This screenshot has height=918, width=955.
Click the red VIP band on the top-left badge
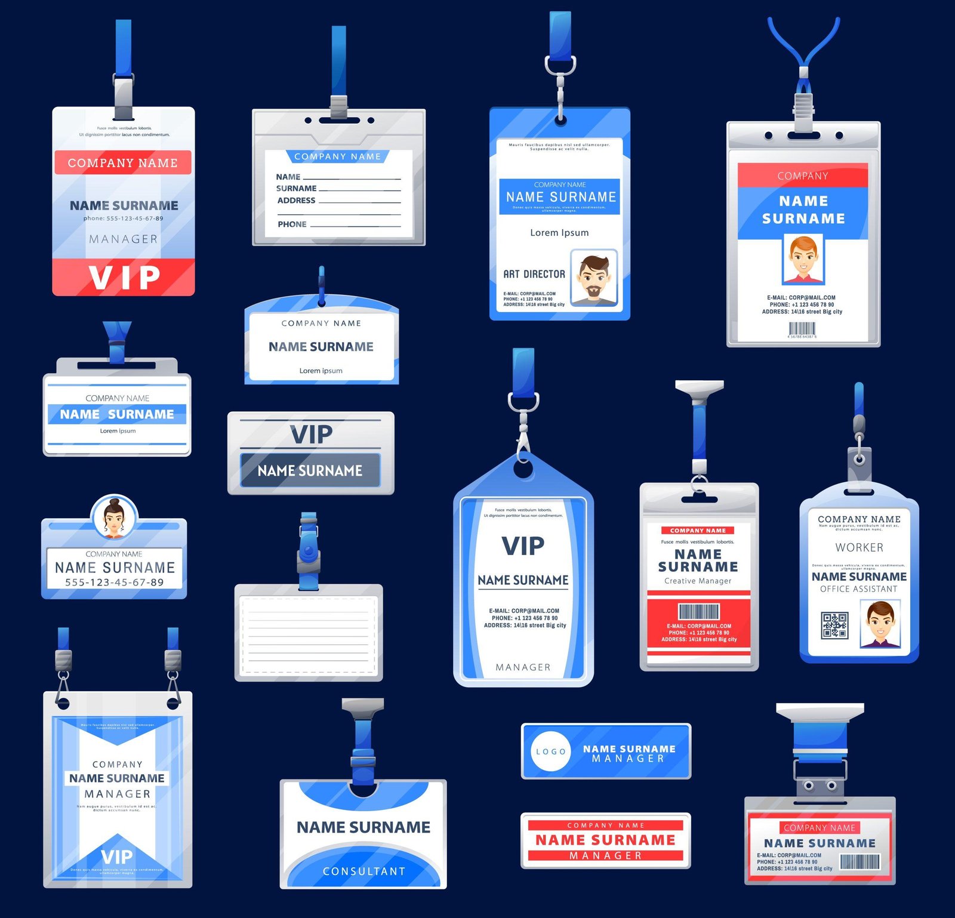124,277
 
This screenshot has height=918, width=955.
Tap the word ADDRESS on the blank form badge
296,201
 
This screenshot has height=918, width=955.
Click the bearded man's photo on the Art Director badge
593,278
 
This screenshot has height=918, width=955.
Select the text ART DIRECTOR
534,274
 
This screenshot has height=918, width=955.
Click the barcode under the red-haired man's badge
802,329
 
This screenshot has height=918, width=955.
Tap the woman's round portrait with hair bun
114,517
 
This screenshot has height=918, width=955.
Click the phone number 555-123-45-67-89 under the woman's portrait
114,582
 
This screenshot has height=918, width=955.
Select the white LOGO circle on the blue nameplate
550,751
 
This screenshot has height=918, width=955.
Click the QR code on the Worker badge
834,625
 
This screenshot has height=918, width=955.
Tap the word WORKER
859,547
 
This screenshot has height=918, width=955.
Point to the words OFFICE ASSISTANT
858,589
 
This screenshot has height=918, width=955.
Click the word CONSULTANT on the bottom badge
363,871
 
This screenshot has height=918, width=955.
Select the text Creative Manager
698,581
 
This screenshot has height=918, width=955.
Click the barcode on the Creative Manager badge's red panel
698,611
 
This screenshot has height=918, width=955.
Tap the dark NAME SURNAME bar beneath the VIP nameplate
310,471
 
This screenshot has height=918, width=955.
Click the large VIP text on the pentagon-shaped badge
523,546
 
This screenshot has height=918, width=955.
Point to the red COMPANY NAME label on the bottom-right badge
819,828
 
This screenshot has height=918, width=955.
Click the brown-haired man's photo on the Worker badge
880,624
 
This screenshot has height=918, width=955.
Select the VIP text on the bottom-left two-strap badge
117,857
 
